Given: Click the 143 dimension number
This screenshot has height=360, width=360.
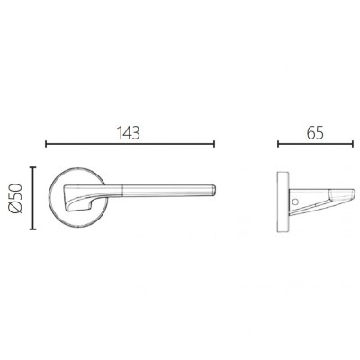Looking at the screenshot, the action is [129, 132].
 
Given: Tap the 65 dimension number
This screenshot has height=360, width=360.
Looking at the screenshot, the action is [315, 132].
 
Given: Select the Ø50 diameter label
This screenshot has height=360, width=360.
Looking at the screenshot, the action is [16, 198].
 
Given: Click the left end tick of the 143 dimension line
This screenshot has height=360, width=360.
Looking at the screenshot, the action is [46, 144].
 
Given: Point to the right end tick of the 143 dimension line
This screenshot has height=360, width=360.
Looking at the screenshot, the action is [214, 144].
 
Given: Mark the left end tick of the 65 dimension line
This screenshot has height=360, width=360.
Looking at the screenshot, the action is [278, 144].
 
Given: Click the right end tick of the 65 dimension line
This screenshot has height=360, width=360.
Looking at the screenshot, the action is [353, 144].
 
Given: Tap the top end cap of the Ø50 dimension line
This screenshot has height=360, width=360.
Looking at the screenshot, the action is [32, 167].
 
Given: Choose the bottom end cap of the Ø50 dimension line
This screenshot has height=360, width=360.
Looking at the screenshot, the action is [32, 229].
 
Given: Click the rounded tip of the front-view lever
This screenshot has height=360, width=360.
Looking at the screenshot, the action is [214, 190].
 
